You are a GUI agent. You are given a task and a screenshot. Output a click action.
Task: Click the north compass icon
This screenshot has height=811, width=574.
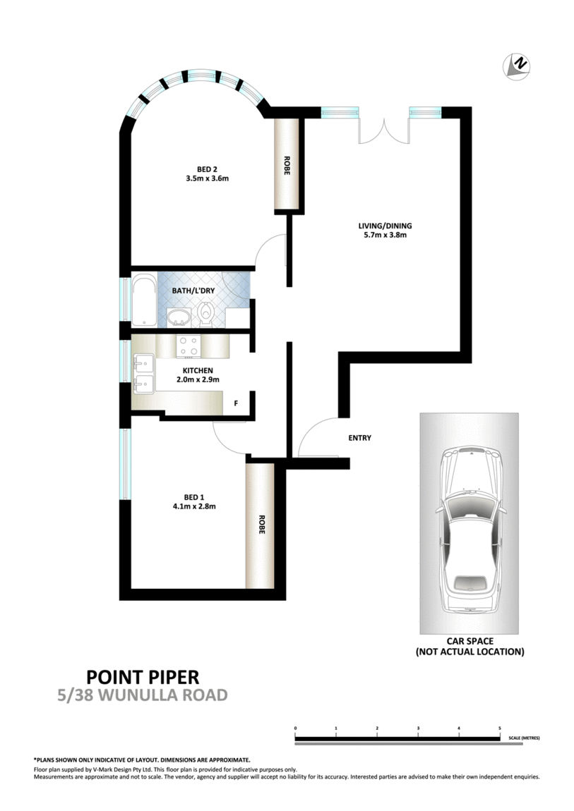pos(517,66)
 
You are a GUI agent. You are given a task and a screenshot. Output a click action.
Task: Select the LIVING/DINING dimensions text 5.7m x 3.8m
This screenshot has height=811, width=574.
pos(384,236)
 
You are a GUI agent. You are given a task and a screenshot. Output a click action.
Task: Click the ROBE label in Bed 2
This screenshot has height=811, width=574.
pos(287,165)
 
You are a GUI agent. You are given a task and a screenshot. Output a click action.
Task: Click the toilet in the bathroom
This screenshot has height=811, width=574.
pos(206,314)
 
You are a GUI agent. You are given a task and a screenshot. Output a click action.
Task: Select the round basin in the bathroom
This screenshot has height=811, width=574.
pos(179,317)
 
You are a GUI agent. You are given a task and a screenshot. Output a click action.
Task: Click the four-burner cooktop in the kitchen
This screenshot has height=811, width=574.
pos(189,346)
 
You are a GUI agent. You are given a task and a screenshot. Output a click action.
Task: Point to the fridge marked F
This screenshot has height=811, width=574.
pos(236,405)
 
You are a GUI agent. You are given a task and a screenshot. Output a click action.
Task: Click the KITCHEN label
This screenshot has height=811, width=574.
pos(197,371)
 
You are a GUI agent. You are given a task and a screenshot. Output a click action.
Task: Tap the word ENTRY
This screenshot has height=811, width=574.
pos(359,438)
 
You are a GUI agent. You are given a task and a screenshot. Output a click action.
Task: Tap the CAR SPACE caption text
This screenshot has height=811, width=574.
pos(470,647)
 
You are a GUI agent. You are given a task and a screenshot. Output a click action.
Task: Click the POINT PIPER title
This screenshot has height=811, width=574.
pos(143,677)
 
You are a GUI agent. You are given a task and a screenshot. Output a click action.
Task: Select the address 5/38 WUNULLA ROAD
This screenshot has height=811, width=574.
pos(143,695)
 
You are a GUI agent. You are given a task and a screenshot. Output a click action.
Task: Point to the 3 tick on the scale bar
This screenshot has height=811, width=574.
pos(418,728)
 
